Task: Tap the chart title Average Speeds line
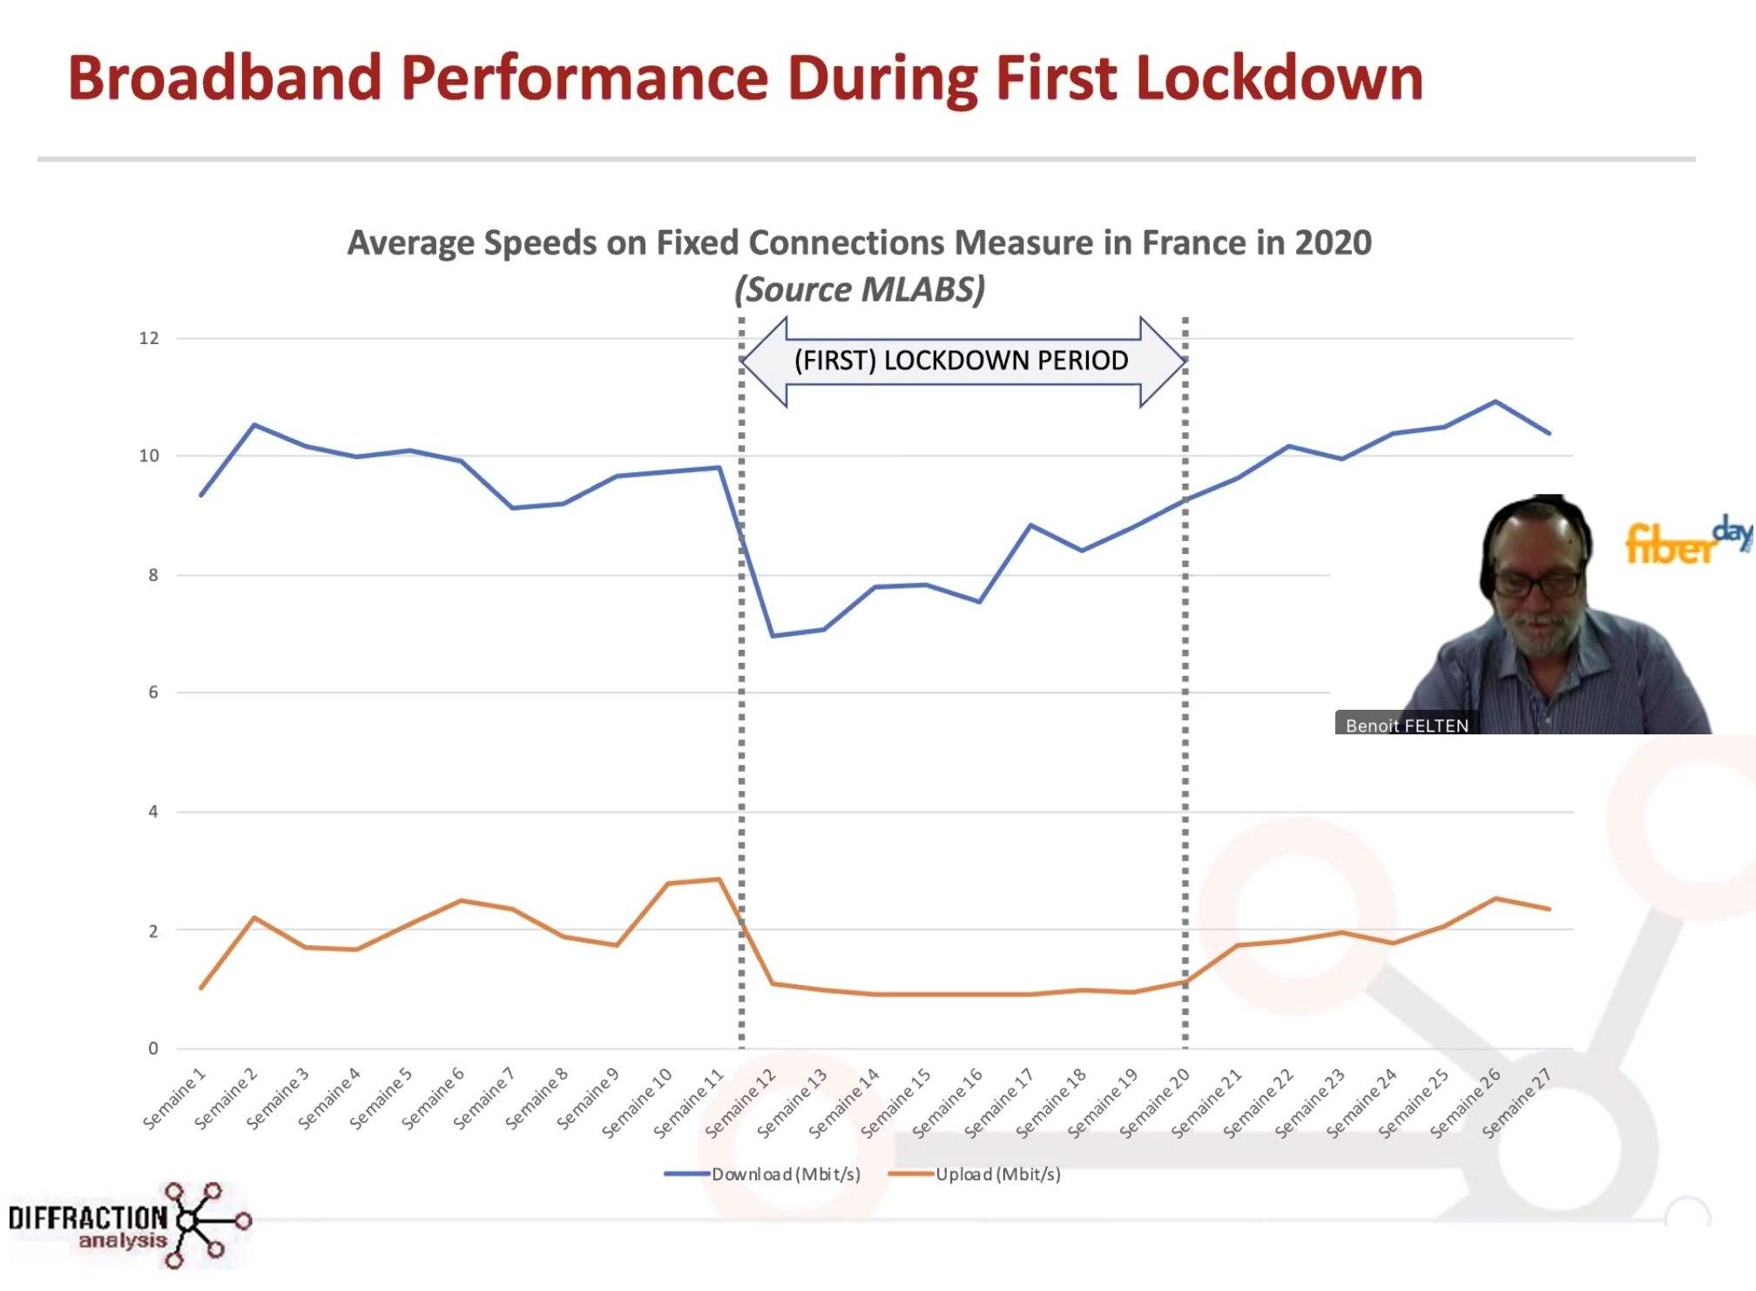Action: pyautogui.click(x=859, y=243)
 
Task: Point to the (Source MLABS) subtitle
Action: pyautogui.click(x=859, y=289)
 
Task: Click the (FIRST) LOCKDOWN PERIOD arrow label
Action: pyautogui.click(x=961, y=361)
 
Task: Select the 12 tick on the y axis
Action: pyautogui.click(x=149, y=338)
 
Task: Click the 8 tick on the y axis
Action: pyautogui.click(x=153, y=575)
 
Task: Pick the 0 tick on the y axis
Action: pyautogui.click(x=153, y=1048)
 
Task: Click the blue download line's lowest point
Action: pyautogui.click(x=773, y=636)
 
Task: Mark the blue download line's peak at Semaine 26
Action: pyautogui.click(x=1496, y=402)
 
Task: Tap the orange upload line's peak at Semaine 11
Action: pyautogui.click(x=719, y=879)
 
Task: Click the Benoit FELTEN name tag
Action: pyautogui.click(x=1406, y=725)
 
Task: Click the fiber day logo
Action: pyautogui.click(x=1685, y=540)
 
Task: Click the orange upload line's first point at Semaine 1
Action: pyautogui.click(x=201, y=988)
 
